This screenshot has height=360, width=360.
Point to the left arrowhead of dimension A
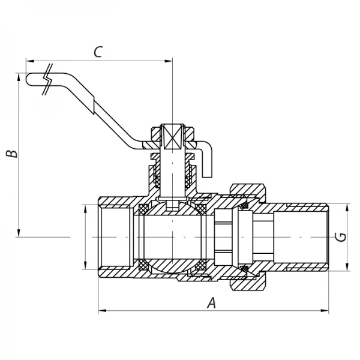tap(101, 311)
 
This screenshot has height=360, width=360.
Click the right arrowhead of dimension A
tap(326, 311)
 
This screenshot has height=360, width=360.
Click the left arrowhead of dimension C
tap(29, 60)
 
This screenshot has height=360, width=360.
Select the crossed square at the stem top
tap(172, 138)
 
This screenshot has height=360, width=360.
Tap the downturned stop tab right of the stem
tap(206, 162)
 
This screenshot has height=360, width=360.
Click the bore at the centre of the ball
tap(172, 237)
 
